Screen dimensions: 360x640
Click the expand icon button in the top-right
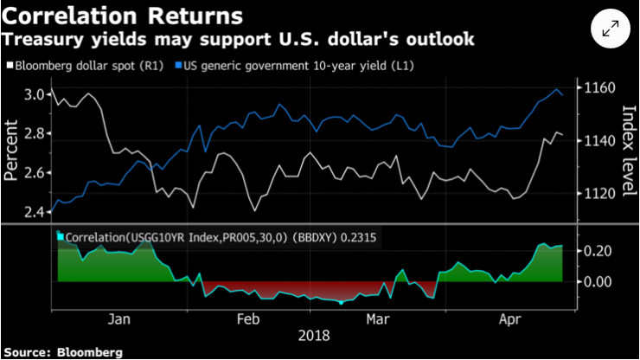pyautogui.click(x=610, y=30)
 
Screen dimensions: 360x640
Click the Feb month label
pyautogui.click(x=248, y=318)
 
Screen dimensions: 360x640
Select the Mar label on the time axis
pyautogui.click(x=377, y=318)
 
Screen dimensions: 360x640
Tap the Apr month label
pyautogui.click(x=515, y=318)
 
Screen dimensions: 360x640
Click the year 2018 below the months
pyautogui.click(x=312, y=335)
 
